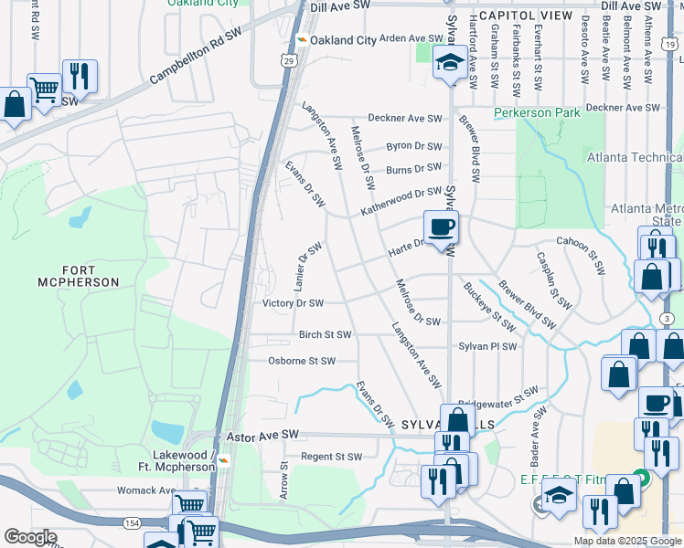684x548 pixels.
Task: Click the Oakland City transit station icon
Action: tap(300, 40)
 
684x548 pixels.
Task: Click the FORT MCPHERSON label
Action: tap(78, 276)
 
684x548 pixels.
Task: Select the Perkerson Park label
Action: tap(537, 112)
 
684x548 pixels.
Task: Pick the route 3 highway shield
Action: tap(668, 317)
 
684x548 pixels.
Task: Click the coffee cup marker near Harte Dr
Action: tap(441, 227)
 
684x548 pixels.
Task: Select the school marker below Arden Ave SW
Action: tap(449, 63)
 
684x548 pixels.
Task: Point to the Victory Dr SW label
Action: tap(293, 303)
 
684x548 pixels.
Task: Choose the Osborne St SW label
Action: tap(302, 361)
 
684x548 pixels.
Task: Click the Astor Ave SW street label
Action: tap(264, 434)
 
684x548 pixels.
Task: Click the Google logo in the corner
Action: tap(30, 537)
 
